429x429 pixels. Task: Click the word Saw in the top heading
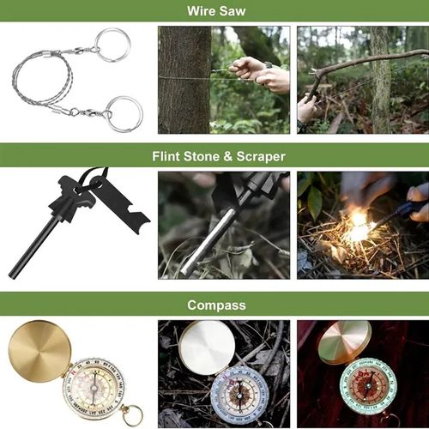click(x=233, y=11)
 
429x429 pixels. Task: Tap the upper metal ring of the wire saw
click(x=112, y=45)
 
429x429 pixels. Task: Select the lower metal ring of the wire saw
click(x=124, y=113)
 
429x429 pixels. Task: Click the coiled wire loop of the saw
click(x=39, y=82)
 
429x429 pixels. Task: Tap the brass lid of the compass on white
click(x=39, y=350)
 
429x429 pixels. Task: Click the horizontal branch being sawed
click(x=369, y=64)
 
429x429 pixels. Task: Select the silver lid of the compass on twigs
click(x=206, y=347)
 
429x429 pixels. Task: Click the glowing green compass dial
click(x=369, y=385)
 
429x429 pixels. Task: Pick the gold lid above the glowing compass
click(x=344, y=342)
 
